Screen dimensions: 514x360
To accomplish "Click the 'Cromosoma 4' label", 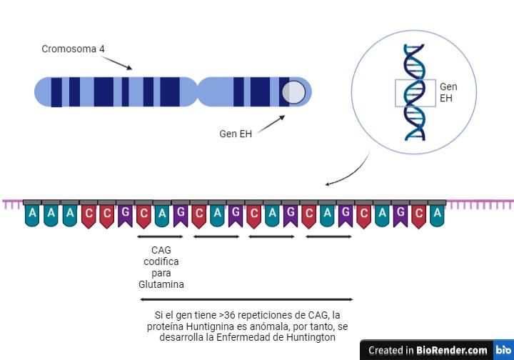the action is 73,49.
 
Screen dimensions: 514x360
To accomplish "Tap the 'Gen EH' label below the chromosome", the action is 236,134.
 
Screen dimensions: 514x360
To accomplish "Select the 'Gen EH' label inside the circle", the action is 448,92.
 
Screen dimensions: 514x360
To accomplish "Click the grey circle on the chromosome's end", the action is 293,92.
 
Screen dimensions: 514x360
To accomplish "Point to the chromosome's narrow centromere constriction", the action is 198,92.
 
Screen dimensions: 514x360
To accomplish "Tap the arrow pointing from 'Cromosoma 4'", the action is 116,63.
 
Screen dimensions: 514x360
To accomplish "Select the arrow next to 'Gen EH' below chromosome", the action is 271,124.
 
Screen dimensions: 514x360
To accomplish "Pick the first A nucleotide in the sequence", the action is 32,215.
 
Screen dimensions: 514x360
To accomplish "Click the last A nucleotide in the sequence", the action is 437,215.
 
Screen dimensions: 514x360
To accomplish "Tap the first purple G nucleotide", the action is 125,216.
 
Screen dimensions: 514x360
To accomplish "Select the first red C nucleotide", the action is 89,216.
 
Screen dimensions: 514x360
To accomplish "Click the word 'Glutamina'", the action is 161,284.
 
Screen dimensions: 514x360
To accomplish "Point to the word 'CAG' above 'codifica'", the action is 161,250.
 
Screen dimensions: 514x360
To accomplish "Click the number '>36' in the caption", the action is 227,315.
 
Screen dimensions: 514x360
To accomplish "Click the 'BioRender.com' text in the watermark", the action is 451,350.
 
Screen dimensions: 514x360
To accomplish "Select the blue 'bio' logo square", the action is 503,350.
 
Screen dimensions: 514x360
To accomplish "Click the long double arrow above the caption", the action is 246,299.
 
